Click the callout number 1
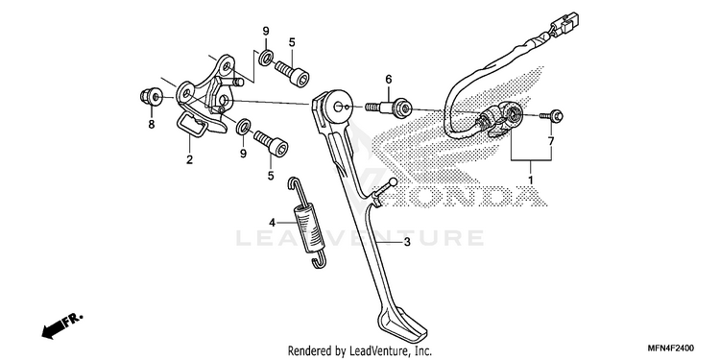(x=531, y=180)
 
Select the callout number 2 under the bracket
(x=189, y=159)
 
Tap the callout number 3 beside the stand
(x=407, y=242)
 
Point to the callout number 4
(x=273, y=223)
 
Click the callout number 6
(x=389, y=80)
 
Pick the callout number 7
(x=551, y=141)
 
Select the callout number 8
(x=152, y=125)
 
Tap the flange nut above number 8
(x=151, y=96)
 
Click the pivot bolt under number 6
(x=389, y=108)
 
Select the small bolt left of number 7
(x=551, y=116)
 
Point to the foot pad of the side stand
(x=402, y=324)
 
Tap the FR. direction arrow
(x=62, y=325)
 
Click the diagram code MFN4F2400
(x=670, y=348)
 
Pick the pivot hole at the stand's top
(x=338, y=107)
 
